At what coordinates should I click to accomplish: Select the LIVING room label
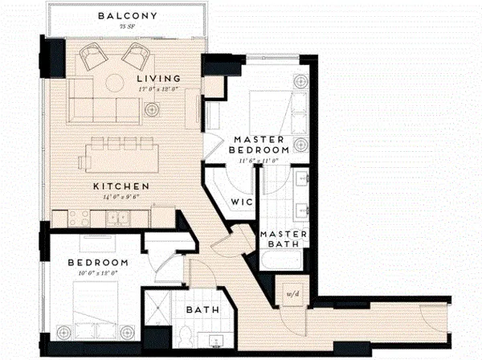click(157, 78)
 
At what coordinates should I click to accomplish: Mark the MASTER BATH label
click(280, 239)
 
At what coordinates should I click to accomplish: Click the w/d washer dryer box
click(287, 294)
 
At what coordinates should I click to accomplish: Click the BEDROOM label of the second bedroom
click(98, 264)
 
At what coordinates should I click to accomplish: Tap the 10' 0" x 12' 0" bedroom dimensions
click(98, 274)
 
